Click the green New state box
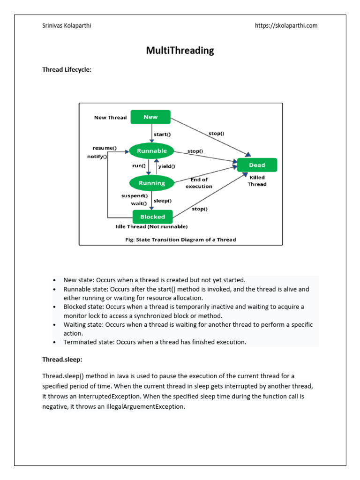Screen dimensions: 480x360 150,117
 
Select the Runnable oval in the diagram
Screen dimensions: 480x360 151,151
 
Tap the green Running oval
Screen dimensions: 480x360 151,183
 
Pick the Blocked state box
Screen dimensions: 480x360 152,217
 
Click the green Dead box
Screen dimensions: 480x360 257,165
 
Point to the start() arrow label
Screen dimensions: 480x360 162,134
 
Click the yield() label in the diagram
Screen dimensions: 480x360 166,166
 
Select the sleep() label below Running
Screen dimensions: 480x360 163,201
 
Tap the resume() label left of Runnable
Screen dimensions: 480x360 105,148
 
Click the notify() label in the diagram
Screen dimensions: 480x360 97,157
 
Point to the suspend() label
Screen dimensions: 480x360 135,195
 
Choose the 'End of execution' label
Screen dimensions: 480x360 199,183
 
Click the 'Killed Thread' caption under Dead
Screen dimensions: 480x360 257,181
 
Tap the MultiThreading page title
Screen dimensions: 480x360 180,51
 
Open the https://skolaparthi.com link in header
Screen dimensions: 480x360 286,26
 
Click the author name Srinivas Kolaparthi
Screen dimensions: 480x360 67,26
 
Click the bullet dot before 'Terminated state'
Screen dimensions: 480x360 55,342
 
